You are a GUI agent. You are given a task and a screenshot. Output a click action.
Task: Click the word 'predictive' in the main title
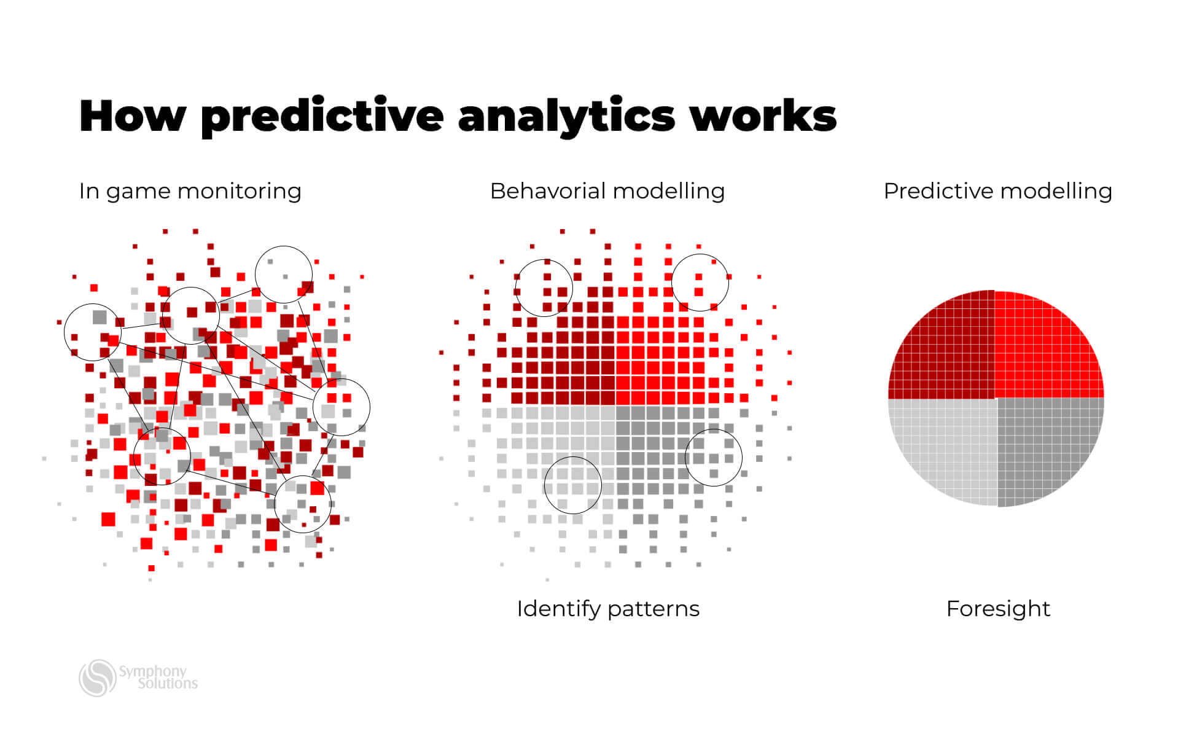322,115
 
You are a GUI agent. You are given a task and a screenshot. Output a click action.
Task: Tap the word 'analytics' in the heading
566,115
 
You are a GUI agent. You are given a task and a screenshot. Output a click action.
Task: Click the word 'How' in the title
132,115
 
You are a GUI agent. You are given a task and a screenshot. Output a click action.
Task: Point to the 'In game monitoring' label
190,191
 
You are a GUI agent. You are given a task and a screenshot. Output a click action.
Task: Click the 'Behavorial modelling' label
607,191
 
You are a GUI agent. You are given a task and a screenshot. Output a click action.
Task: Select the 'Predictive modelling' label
997,191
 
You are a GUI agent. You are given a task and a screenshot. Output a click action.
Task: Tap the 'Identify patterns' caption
607,609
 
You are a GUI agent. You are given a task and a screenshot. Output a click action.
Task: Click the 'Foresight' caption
997,609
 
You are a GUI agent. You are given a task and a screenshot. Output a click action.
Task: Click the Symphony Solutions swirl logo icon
97,678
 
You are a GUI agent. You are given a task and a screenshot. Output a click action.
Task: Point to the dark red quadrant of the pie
946,350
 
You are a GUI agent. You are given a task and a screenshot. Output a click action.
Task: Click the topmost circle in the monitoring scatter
283,275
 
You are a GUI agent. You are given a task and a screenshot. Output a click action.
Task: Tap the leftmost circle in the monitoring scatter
93,332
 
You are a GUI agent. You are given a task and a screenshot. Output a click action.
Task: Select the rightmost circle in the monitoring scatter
341,407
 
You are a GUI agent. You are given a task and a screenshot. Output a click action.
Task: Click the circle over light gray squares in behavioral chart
572,485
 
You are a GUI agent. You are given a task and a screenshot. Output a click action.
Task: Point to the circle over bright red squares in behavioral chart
700,283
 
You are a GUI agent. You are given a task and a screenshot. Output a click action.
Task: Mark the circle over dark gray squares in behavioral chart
713,458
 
